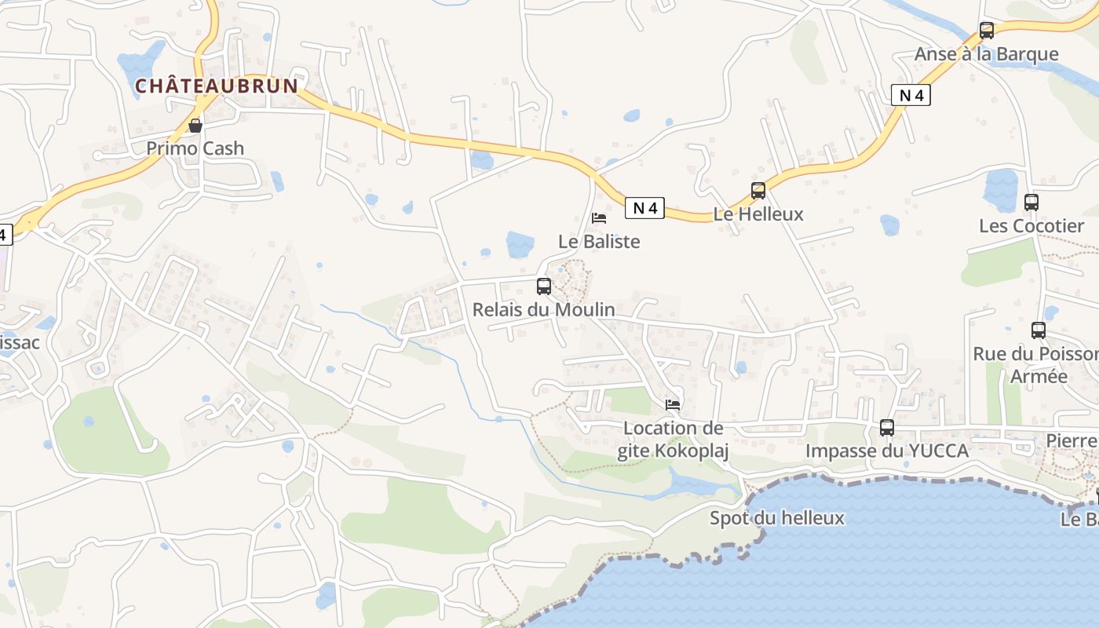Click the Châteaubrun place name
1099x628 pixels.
(217, 86)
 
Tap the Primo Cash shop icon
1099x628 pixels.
(195, 126)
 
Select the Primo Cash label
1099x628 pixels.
(195, 148)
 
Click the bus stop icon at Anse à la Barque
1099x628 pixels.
(987, 31)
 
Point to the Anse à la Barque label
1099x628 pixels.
(986, 54)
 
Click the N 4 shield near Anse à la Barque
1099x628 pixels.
(911, 96)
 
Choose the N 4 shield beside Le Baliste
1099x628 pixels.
(644, 208)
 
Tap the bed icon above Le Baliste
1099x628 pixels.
(599, 218)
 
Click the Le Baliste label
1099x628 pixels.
(599, 241)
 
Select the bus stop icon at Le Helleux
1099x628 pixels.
(758, 191)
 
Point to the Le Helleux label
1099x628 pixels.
(758, 214)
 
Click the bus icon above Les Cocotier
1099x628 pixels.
(1031, 203)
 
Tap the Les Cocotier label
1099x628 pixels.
(1031, 226)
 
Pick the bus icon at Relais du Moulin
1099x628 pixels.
(544, 287)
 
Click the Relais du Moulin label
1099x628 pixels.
(544, 309)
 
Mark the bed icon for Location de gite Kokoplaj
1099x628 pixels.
(673, 405)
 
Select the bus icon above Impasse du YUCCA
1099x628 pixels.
(887, 428)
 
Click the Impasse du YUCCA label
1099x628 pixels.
(887, 451)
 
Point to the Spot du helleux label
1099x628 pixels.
(777, 518)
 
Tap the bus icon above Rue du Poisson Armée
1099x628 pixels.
(1039, 330)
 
